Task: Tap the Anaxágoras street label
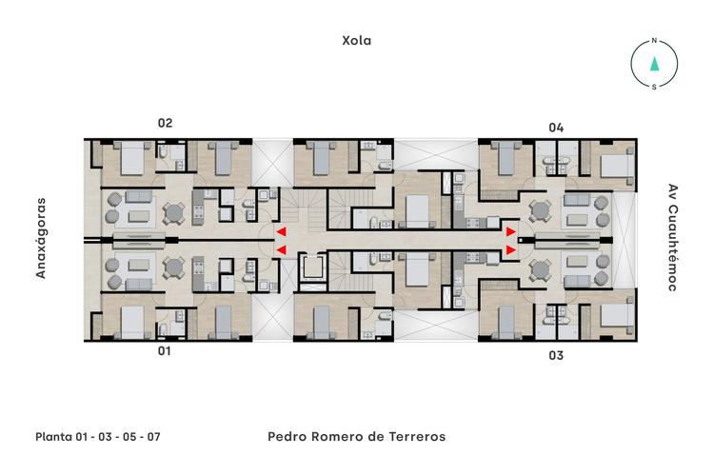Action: (41, 239)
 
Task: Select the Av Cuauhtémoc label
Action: (672, 237)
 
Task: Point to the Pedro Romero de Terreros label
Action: (356, 437)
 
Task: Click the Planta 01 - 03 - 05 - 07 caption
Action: (97, 437)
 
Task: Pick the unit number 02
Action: (165, 123)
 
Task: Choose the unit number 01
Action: (165, 351)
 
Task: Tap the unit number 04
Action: (556, 127)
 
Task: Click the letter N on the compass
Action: (654, 42)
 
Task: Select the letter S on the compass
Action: (654, 87)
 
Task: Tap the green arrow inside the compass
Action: (654, 65)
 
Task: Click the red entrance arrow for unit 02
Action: (281, 231)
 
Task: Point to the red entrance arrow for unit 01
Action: (281, 249)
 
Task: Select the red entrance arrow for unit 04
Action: (511, 231)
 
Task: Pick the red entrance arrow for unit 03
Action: (511, 249)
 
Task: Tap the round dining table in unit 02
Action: (172, 211)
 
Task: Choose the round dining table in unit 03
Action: (540, 269)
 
